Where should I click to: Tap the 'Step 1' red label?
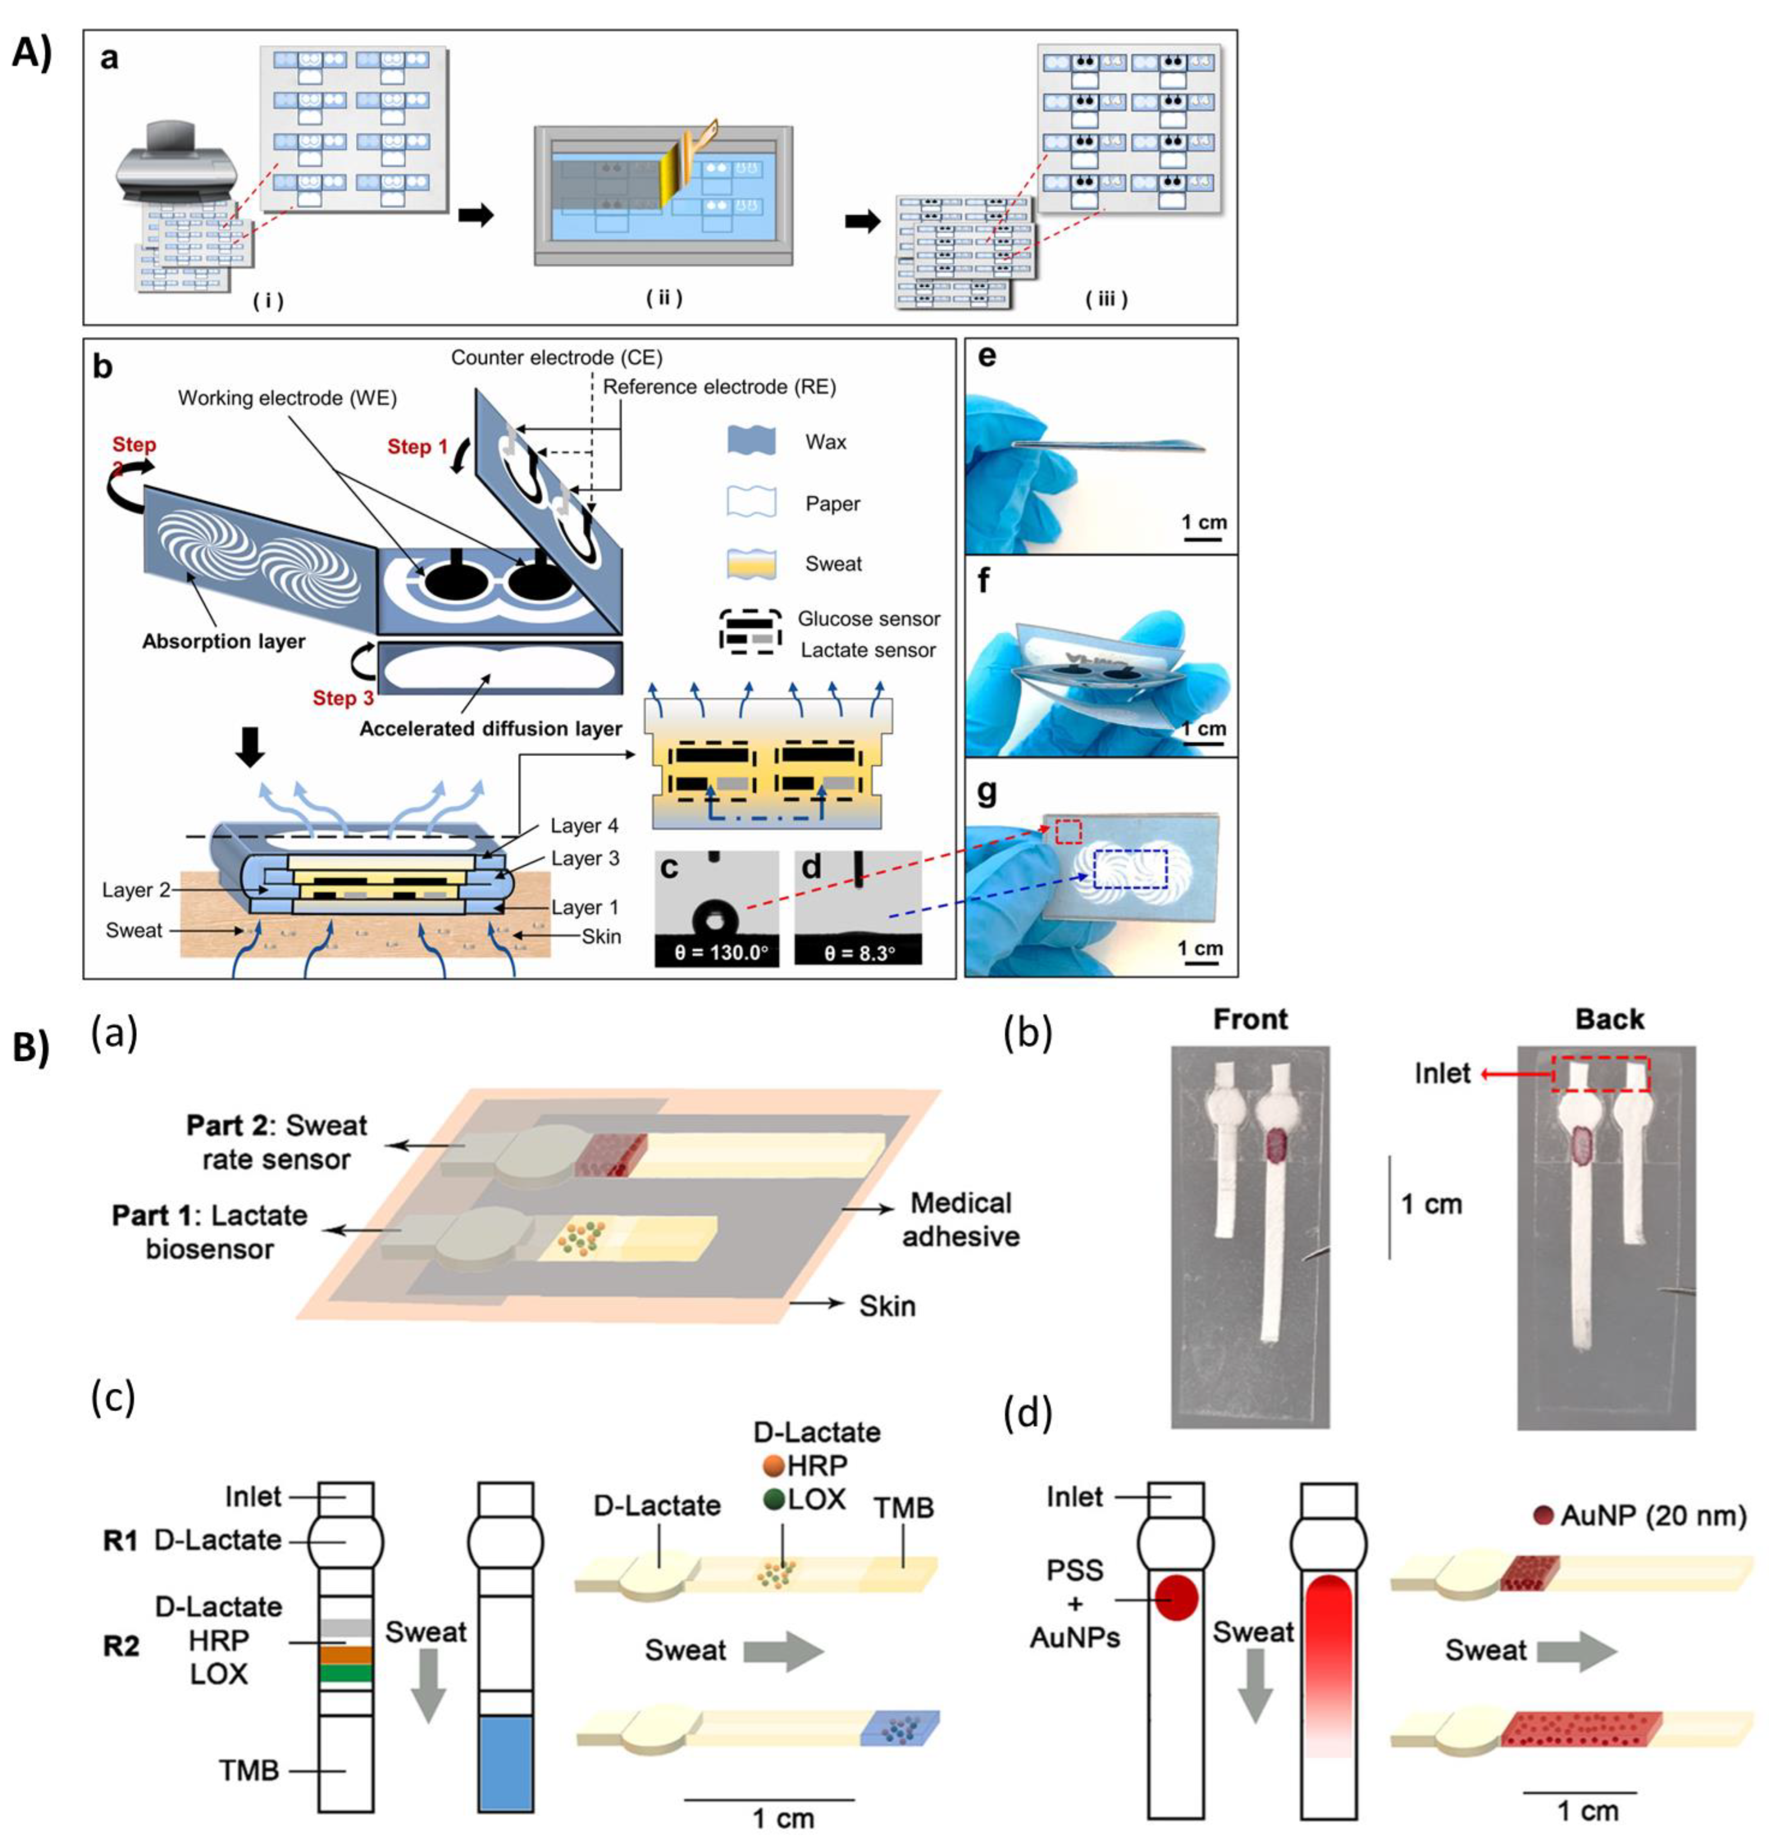417,446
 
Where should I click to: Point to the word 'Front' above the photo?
1250,1019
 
